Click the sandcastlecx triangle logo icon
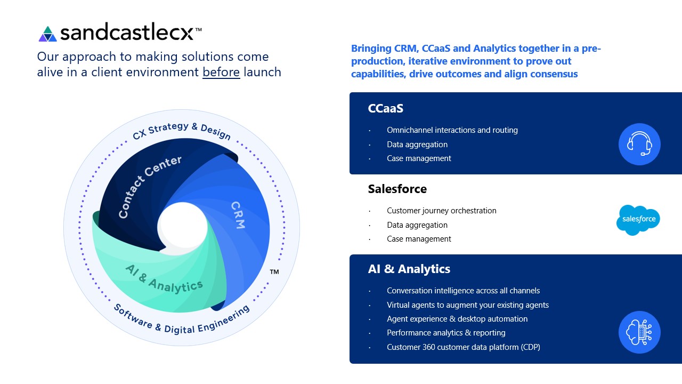(47, 34)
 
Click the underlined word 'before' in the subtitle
(221, 72)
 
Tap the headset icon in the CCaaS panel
(639, 144)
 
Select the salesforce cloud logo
(638, 220)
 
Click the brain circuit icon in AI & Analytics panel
(639, 332)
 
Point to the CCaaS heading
(385, 108)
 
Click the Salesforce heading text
(397, 189)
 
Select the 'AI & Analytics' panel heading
(409, 269)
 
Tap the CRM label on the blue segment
(238, 215)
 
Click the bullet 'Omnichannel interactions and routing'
(452, 130)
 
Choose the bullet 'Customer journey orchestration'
(442, 211)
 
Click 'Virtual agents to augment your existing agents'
(468, 305)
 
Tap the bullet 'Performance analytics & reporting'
(446, 333)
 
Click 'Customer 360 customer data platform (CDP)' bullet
(464, 347)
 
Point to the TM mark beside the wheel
(274, 272)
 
